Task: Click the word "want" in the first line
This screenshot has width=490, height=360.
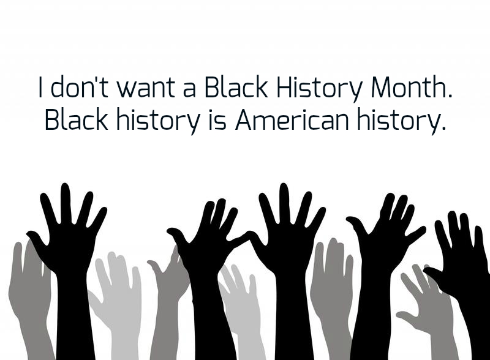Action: pyautogui.click(x=146, y=87)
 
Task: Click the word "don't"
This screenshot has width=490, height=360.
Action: pyautogui.click(x=80, y=86)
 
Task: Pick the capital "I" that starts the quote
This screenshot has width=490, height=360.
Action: pyautogui.click(x=40, y=86)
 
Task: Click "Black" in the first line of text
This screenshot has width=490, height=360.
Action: pyautogui.click(x=236, y=86)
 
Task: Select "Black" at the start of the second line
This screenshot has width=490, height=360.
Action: pyautogui.click(x=76, y=119)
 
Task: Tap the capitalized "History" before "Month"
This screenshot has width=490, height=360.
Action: pyautogui.click(x=320, y=89)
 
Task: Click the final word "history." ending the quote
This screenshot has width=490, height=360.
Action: pyautogui.click(x=401, y=122)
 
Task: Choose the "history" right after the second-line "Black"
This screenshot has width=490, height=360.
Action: pyautogui.click(x=158, y=122)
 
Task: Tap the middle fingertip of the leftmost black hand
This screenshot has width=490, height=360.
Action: pyautogui.click(x=66, y=187)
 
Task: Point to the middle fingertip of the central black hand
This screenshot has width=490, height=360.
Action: pyautogui.click(x=284, y=187)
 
